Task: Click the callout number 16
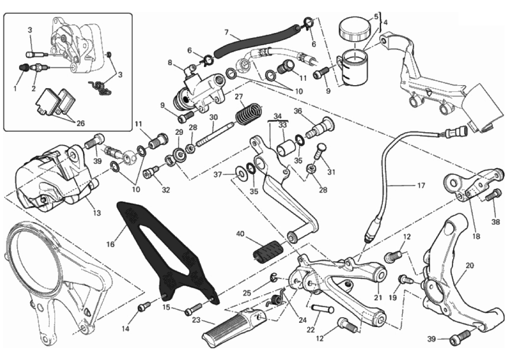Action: tap(110, 244)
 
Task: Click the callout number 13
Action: tap(96, 213)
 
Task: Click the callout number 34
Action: tap(277, 116)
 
